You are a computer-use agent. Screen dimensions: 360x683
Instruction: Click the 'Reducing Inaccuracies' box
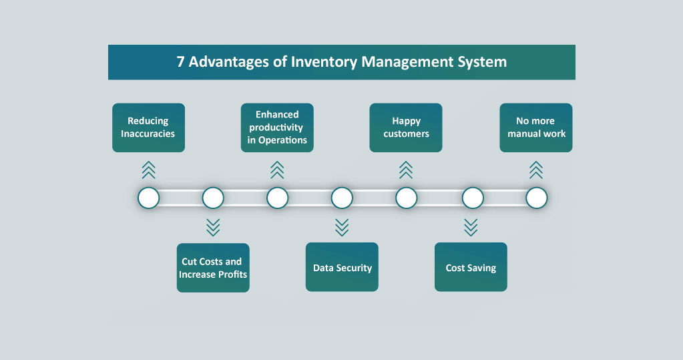(x=148, y=127)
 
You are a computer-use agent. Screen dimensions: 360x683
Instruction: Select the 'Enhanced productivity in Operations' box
(x=277, y=127)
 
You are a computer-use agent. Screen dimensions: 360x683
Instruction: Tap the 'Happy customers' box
(x=406, y=127)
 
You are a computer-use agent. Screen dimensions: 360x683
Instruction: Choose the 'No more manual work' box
(x=536, y=127)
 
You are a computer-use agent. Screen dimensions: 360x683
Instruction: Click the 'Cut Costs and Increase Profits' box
(x=213, y=268)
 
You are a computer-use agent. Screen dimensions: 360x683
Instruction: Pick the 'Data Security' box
(x=342, y=268)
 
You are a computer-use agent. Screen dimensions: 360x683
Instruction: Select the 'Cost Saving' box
(x=471, y=268)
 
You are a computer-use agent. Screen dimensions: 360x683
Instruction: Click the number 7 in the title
(x=180, y=62)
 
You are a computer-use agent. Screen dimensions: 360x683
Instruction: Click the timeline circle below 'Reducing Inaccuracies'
(x=148, y=198)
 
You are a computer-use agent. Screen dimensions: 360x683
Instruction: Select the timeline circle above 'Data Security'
(x=342, y=198)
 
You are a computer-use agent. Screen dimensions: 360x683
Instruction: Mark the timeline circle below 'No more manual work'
(x=536, y=198)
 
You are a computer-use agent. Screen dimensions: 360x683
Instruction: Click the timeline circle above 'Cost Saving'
(x=473, y=198)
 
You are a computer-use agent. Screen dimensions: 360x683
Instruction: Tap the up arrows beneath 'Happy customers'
(x=406, y=170)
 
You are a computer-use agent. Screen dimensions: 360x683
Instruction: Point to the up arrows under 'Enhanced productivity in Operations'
(x=277, y=170)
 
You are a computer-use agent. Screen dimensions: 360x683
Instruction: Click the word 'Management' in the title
(x=408, y=62)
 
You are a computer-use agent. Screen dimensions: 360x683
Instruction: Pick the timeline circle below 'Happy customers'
(x=406, y=198)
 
